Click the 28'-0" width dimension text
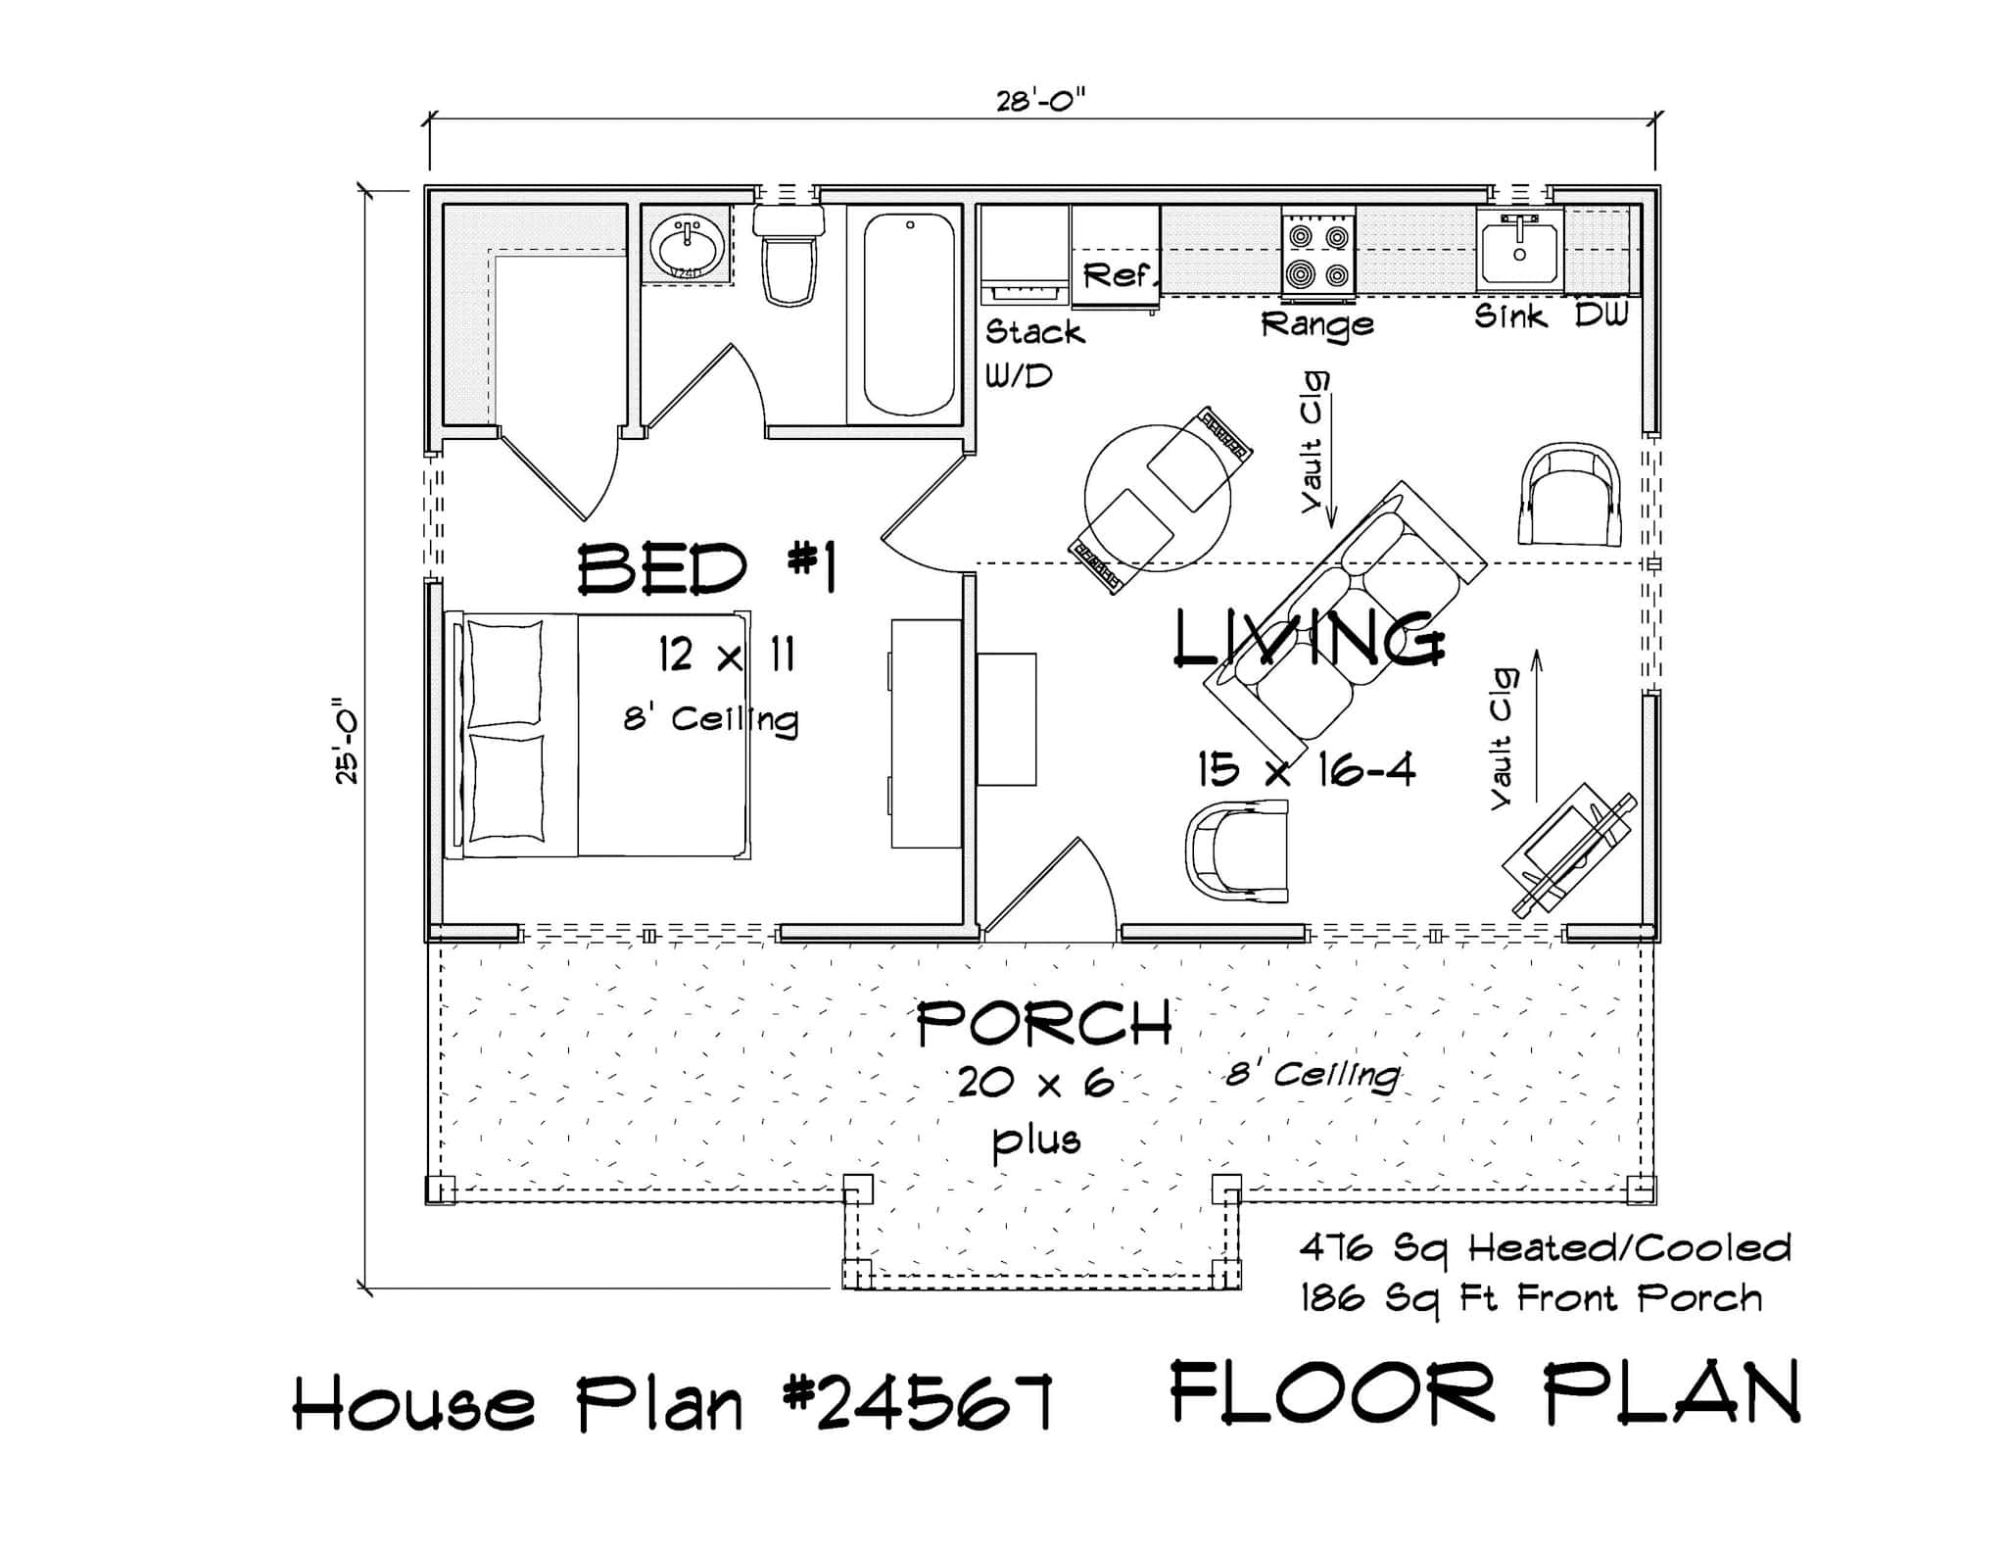click(x=1041, y=101)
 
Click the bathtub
click(x=909, y=315)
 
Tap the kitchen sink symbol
click(x=1519, y=251)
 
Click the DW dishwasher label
click(x=1601, y=315)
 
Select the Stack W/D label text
click(x=1033, y=353)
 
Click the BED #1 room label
click(x=706, y=569)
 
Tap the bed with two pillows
click(x=597, y=736)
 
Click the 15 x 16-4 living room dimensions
click(x=1306, y=769)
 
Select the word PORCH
click(x=1044, y=1024)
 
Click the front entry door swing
click(x=1058, y=892)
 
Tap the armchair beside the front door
click(x=1236, y=850)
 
